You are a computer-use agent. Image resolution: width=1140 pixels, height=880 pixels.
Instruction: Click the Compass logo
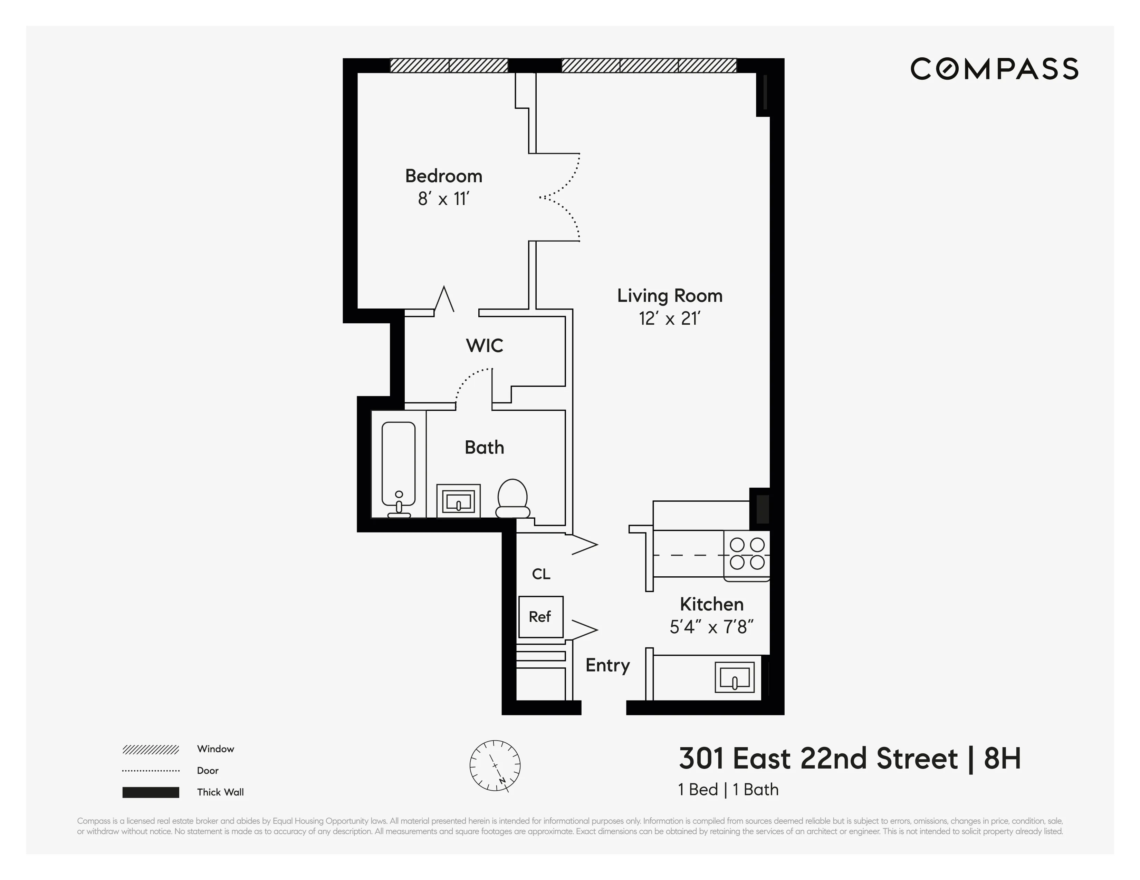click(x=994, y=69)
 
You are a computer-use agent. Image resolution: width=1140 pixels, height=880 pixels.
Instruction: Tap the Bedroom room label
click(x=444, y=176)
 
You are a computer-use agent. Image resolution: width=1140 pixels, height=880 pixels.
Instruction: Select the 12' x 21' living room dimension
click(x=669, y=318)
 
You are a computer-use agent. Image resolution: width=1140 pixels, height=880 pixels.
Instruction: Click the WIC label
click(x=485, y=345)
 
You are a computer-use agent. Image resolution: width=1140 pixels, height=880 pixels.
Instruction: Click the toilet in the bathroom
click(x=512, y=498)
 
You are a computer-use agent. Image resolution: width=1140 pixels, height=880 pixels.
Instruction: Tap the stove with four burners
click(x=746, y=554)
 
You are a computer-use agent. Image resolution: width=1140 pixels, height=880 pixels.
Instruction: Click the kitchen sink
click(x=735, y=677)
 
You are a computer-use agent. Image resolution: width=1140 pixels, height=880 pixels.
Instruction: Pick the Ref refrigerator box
click(x=540, y=617)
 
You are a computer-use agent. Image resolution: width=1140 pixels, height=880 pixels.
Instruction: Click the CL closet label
click(x=541, y=574)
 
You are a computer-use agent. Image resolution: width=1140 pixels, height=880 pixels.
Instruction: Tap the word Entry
click(x=607, y=665)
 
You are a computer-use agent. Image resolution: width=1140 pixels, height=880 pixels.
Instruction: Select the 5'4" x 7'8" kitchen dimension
click(x=711, y=626)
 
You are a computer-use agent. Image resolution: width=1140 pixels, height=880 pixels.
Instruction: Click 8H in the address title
click(x=1002, y=759)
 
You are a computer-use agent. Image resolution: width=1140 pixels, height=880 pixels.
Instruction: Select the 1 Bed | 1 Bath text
click(x=728, y=790)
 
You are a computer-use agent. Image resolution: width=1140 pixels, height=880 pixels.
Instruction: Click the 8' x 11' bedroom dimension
click(x=444, y=199)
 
